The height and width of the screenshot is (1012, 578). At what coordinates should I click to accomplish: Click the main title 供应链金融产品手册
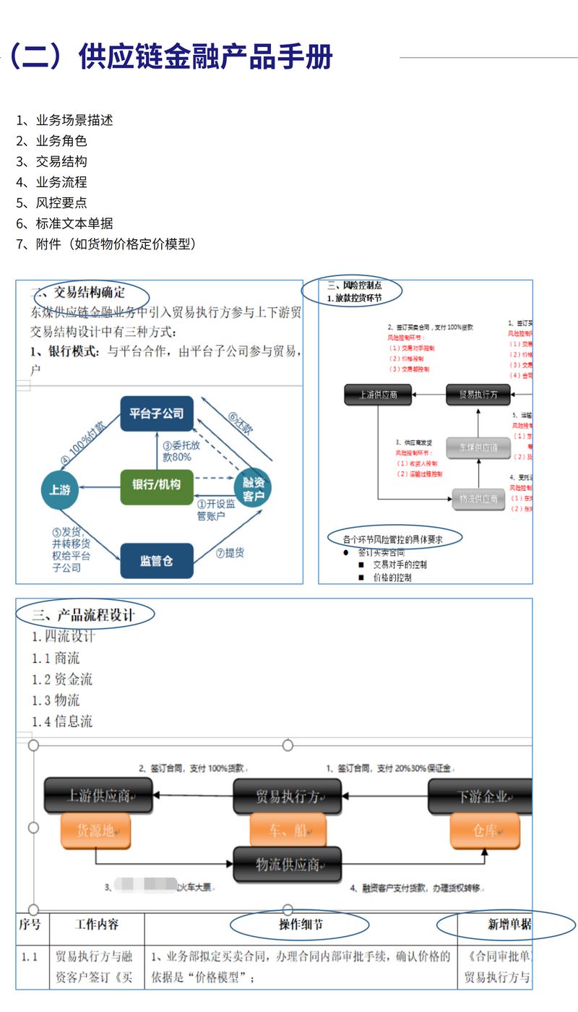(x=205, y=57)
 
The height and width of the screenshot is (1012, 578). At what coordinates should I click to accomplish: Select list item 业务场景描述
(x=74, y=120)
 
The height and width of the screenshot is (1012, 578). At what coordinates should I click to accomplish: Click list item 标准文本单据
(x=74, y=223)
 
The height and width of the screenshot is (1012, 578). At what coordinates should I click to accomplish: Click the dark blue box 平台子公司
(x=157, y=413)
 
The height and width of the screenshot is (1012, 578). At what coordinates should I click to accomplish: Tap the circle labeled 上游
(x=60, y=489)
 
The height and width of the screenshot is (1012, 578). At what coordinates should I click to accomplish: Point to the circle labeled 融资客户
(x=254, y=489)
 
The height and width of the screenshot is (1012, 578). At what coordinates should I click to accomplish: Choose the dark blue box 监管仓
(x=157, y=560)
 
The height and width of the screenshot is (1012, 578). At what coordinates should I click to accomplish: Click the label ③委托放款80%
(x=177, y=451)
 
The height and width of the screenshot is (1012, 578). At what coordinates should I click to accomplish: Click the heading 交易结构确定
(x=90, y=293)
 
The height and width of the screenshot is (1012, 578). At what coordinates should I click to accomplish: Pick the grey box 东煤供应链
(x=473, y=447)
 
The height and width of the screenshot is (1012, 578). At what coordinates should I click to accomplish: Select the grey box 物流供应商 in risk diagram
(x=478, y=499)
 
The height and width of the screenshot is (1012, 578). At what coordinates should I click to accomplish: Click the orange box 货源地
(x=95, y=831)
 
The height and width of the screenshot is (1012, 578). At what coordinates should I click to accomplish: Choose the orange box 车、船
(x=287, y=831)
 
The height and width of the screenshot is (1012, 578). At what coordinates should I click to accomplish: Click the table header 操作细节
(x=301, y=925)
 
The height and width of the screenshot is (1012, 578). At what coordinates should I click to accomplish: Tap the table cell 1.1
(x=30, y=956)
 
